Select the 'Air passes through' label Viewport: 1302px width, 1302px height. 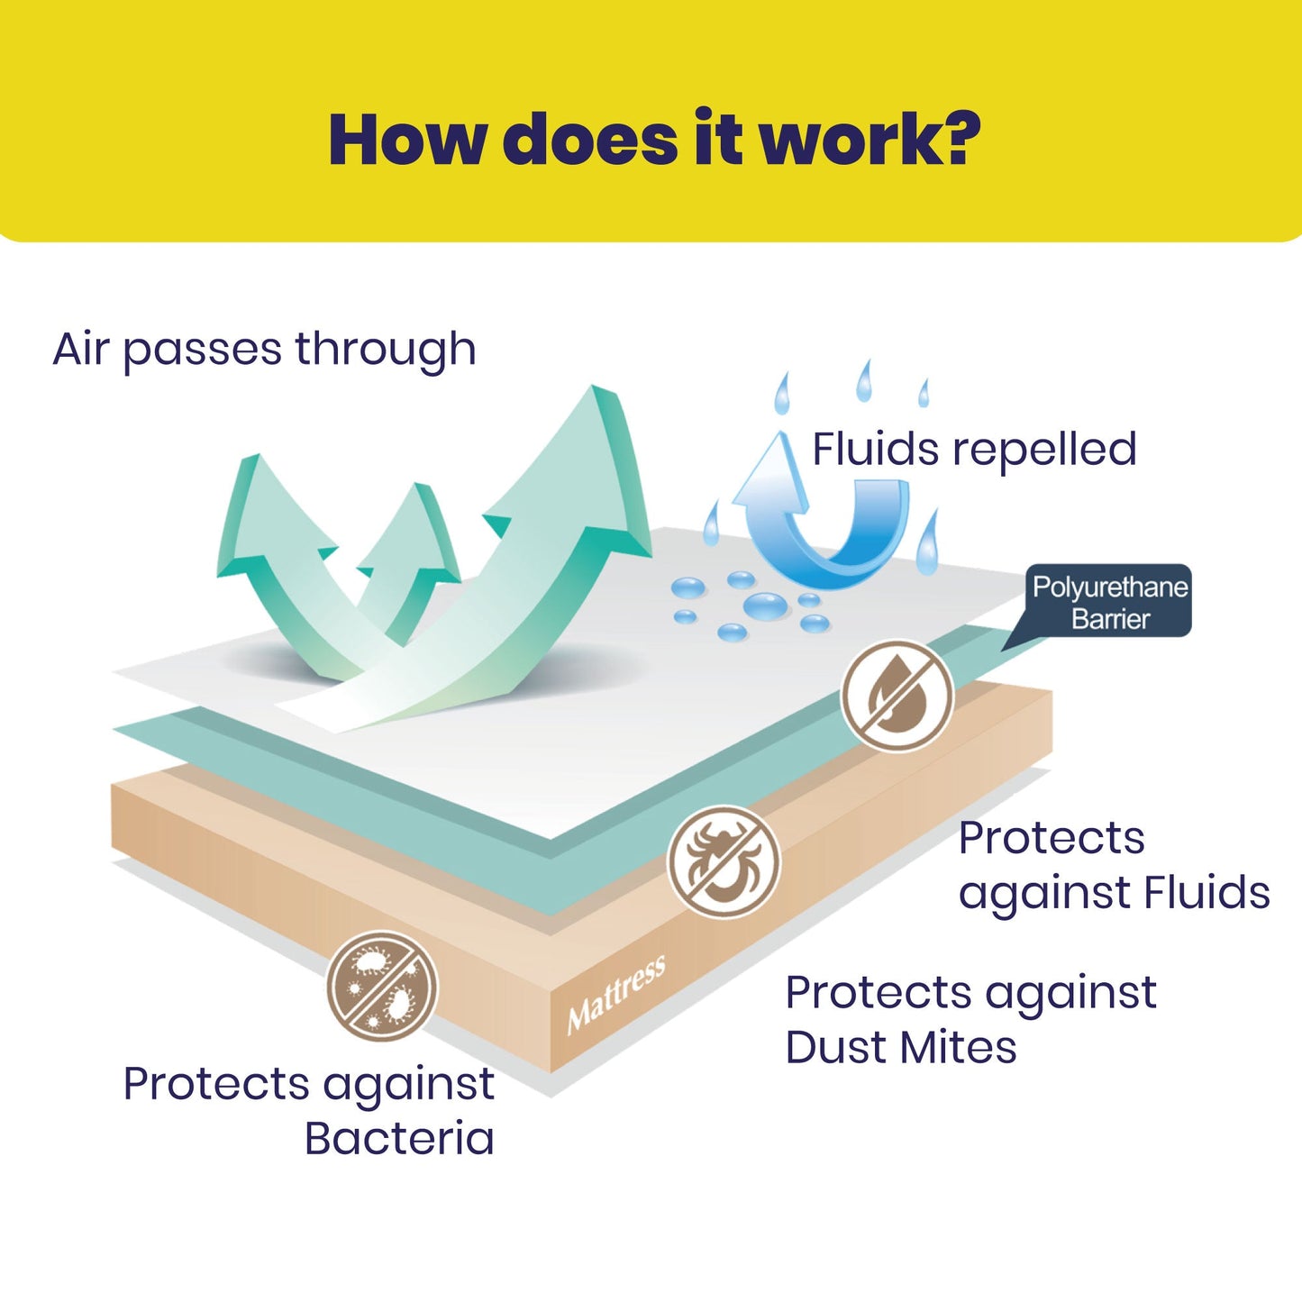tap(264, 351)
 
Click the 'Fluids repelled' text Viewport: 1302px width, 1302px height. tap(974, 450)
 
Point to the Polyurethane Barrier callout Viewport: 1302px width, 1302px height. tap(1109, 601)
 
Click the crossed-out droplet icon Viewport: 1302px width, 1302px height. tap(897, 695)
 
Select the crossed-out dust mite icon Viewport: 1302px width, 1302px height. tap(724, 861)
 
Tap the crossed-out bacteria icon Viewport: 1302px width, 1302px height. tap(382, 986)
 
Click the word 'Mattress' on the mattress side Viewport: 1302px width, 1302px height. tap(616, 995)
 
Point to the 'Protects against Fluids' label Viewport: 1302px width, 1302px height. tap(1114, 866)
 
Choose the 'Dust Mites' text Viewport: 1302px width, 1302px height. tap(901, 1048)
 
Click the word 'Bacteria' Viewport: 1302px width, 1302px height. tap(399, 1139)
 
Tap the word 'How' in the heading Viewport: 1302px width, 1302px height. tap(405, 140)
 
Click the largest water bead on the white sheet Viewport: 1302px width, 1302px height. tap(765, 605)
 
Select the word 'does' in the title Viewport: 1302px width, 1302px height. tap(589, 140)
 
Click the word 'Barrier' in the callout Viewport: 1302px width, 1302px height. tap(1110, 619)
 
